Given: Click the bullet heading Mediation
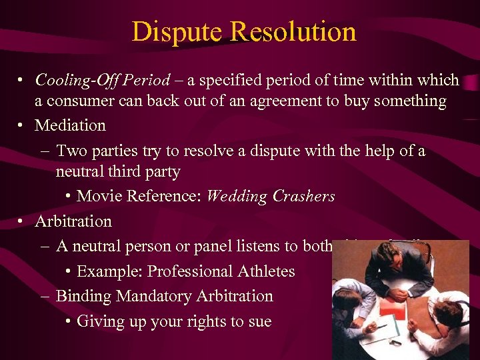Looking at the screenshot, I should coord(70,125).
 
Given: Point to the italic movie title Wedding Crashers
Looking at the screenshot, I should coord(271,196).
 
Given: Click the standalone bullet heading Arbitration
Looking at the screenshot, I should coord(73,221).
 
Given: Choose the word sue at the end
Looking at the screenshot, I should coord(259,321).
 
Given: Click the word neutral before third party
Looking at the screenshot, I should coord(83,171).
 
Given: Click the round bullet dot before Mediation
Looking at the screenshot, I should coord(23,125).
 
